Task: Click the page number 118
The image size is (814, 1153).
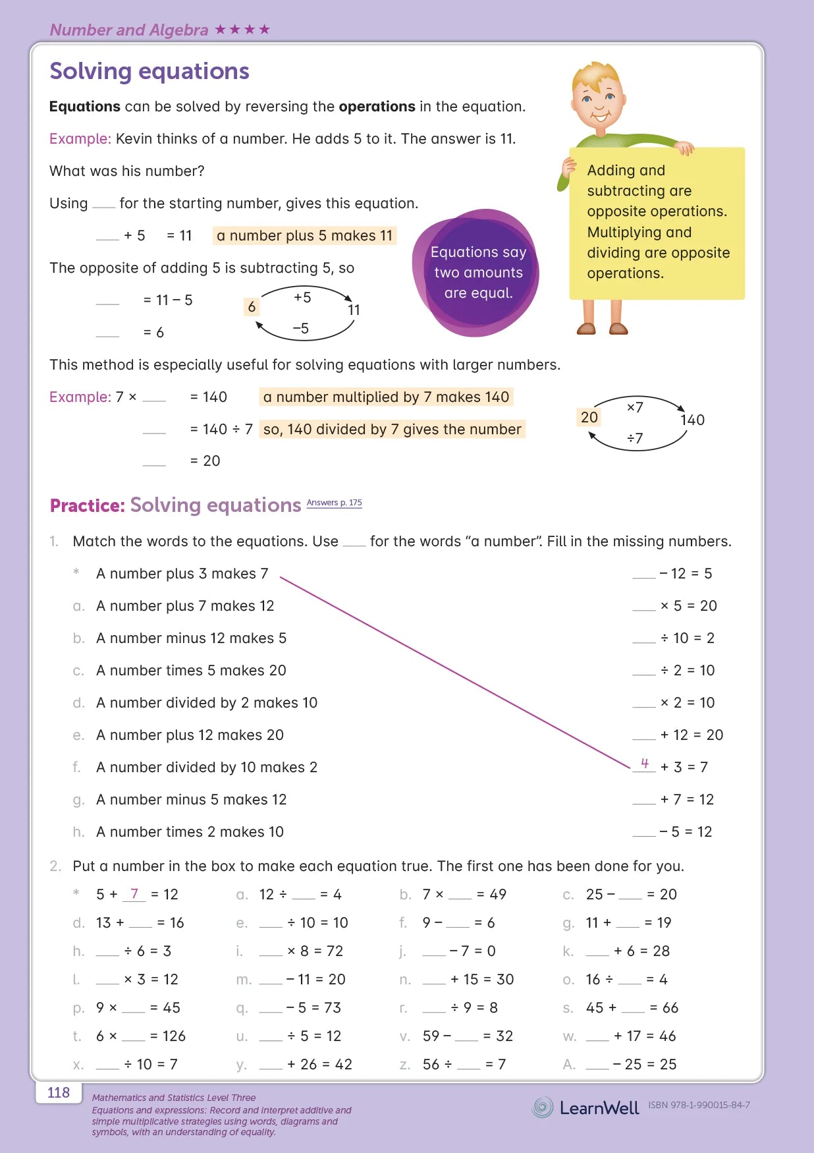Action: [59, 1093]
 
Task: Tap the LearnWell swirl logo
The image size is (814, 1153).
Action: [543, 1108]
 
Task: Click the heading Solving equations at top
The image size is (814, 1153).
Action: [149, 71]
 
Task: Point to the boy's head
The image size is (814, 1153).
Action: [597, 96]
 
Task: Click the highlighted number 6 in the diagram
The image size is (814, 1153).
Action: [252, 307]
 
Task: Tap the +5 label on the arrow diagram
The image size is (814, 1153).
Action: [302, 297]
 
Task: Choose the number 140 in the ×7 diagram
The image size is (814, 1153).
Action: [692, 420]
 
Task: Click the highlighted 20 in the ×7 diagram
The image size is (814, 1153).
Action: [589, 417]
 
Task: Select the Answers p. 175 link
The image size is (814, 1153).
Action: [334, 503]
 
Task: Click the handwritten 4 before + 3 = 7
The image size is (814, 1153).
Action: [645, 763]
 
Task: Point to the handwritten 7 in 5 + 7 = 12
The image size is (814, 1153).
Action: [134, 893]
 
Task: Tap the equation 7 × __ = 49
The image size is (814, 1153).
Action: [464, 895]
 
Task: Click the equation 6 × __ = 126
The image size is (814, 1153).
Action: [141, 1036]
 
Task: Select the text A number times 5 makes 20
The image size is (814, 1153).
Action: [191, 671]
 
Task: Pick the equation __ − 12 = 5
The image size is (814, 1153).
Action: [672, 574]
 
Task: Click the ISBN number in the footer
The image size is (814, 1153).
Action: [699, 1105]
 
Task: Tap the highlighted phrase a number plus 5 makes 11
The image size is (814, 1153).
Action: [304, 236]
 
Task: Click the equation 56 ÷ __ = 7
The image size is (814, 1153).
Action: [464, 1065]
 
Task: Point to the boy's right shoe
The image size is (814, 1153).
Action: [585, 328]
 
